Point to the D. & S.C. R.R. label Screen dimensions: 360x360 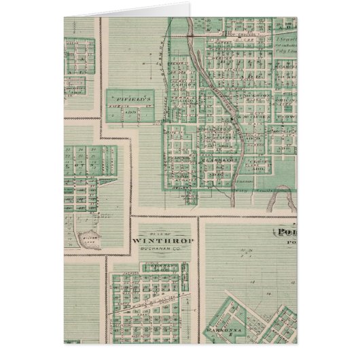click(156, 297)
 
